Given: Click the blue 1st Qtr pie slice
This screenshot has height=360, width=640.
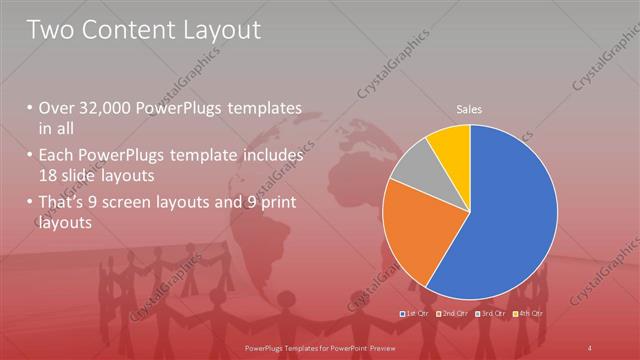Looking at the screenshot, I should (510, 215).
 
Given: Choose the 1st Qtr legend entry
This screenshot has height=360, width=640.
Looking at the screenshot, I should (415, 314).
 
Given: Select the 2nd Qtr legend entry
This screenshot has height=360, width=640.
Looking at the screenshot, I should (454, 314).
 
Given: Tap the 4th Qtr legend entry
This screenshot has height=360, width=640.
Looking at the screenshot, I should (530, 314).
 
